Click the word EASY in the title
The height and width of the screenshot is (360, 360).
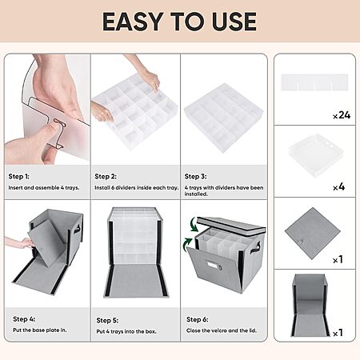pos(133,22)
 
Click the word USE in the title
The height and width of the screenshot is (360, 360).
pos(234,22)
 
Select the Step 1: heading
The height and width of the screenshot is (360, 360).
pos(19,176)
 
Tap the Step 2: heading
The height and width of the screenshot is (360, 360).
pos(106,176)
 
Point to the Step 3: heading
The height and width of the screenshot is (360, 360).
pos(196,176)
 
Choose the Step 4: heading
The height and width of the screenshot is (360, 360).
pos(24,319)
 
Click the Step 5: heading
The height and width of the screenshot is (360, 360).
pos(107,320)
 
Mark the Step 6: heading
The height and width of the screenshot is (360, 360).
pos(198,319)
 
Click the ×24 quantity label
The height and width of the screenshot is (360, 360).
pos(342,115)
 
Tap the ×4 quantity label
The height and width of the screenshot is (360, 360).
pos(339,186)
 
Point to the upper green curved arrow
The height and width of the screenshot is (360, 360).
pos(194,225)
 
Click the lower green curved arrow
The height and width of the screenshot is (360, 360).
pos(187,245)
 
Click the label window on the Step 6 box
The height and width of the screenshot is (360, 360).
pos(213,266)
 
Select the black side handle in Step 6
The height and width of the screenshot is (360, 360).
pos(257,246)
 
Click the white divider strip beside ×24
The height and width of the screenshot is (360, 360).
pos(314,82)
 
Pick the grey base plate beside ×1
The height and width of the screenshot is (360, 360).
pos(312,234)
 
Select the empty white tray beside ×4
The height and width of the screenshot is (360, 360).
pos(316,154)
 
